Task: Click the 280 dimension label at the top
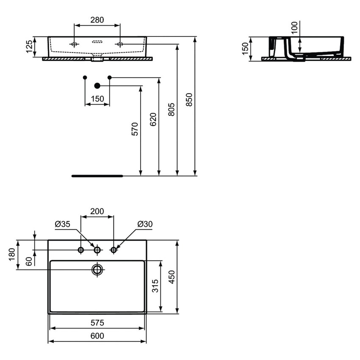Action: pyautogui.click(x=97, y=20)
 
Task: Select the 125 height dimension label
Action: pyautogui.click(x=29, y=47)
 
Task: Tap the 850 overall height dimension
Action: pyautogui.click(x=189, y=100)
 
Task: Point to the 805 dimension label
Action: pyautogui.click(x=171, y=110)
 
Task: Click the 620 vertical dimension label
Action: pyautogui.click(x=153, y=119)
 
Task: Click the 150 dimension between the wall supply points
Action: pyautogui.click(x=97, y=99)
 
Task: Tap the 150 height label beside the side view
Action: pyautogui.click(x=245, y=48)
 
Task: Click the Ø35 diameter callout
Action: pyautogui.click(x=62, y=224)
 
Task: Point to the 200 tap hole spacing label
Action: pyautogui.click(x=97, y=211)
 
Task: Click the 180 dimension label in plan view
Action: pyautogui.click(x=12, y=255)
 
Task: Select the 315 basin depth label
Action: pyautogui.click(x=155, y=286)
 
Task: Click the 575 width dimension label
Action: pyautogui.click(x=97, y=323)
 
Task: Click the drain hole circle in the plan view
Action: pyautogui.click(x=97, y=269)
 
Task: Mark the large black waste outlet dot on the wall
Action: pyautogui.click(x=97, y=86)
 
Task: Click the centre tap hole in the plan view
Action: pyautogui.click(x=97, y=250)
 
